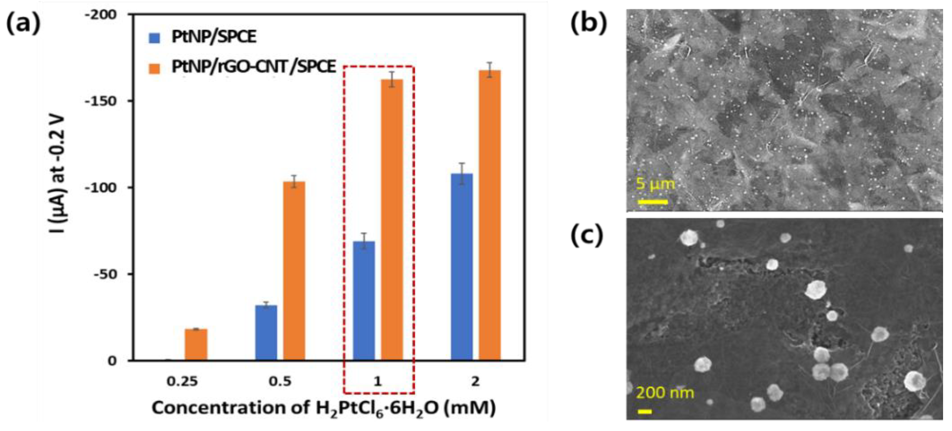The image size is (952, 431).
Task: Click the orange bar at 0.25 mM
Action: [x=196, y=345]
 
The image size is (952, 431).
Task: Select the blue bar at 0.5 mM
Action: [x=266, y=333]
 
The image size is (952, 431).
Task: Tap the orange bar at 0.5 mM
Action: [x=294, y=271]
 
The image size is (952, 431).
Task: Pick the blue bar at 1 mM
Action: [x=364, y=301]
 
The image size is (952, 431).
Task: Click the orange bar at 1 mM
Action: [x=392, y=220]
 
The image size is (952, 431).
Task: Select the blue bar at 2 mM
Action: [x=461, y=267]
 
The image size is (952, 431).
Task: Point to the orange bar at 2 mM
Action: [x=490, y=215]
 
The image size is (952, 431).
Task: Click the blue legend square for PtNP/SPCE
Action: [x=154, y=38]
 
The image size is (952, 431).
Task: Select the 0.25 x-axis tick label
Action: [x=182, y=381]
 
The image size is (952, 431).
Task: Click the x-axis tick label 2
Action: [x=475, y=381]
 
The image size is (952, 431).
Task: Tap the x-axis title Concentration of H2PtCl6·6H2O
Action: [x=323, y=408]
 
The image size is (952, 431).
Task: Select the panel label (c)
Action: [x=587, y=236]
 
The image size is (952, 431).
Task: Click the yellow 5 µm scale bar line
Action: [x=652, y=202]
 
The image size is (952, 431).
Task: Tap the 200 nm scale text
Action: [x=665, y=393]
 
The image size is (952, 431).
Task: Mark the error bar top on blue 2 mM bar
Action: [x=461, y=163]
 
